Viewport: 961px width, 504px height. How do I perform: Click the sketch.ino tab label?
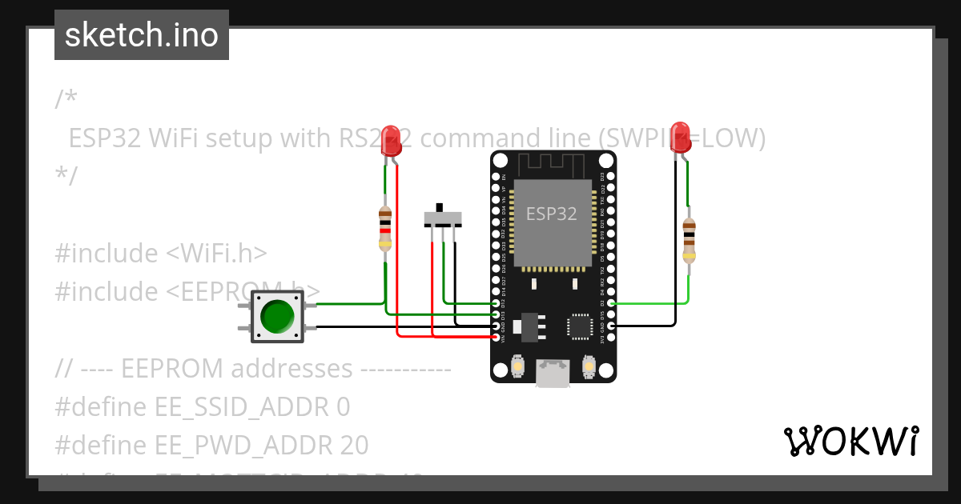point(142,35)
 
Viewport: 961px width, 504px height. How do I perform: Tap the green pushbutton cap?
point(277,317)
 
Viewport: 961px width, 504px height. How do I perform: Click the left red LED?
point(391,138)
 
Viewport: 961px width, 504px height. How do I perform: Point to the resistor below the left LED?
point(385,229)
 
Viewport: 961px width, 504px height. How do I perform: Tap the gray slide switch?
point(443,218)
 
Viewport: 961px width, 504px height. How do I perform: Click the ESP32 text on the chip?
point(551,214)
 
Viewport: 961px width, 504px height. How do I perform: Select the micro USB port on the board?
point(553,373)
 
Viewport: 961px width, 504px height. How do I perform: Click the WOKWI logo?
point(850,442)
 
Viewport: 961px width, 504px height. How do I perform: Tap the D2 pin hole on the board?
point(611,303)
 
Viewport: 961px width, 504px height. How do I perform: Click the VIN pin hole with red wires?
point(496,338)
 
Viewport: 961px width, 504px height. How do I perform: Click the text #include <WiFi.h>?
point(160,253)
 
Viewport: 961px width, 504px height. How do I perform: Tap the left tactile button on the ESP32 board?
point(517,366)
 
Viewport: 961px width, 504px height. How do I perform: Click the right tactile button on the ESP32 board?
point(588,366)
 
